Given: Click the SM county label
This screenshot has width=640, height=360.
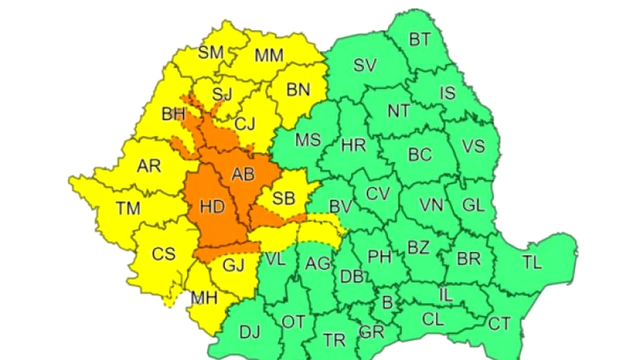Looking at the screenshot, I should (x=210, y=52).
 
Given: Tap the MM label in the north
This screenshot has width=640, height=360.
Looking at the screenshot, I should (x=269, y=55).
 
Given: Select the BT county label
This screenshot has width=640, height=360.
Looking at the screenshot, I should (x=419, y=39).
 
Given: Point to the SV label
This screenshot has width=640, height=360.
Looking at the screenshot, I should (x=364, y=65).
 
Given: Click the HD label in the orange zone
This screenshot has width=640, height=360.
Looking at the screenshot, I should (x=212, y=206).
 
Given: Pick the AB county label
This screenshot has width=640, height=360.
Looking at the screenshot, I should (x=243, y=174).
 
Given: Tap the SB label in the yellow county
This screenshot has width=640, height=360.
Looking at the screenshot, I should (x=283, y=198).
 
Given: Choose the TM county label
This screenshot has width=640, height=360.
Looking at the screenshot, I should (x=128, y=208).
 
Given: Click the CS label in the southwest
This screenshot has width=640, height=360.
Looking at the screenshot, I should (x=163, y=254).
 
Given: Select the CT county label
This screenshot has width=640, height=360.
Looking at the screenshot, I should (x=499, y=324).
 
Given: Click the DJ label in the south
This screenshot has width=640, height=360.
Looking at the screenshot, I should (x=250, y=331).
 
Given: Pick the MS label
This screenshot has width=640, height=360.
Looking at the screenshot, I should (x=307, y=139).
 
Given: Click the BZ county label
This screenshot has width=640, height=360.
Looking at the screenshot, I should (x=418, y=247).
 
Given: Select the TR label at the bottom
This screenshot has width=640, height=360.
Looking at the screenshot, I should (x=334, y=340).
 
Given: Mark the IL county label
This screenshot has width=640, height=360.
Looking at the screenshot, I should (x=446, y=294).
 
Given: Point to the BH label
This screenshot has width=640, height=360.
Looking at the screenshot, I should (x=173, y=114).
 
